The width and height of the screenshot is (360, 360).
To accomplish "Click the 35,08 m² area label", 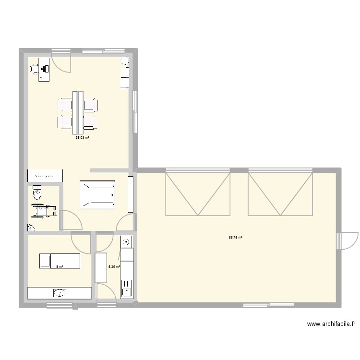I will [x=82, y=137].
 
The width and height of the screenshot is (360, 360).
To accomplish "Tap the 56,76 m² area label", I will [x=235, y=237].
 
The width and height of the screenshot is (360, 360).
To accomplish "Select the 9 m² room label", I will [x=60, y=267].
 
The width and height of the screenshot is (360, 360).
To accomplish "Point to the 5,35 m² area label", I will [x=114, y=267].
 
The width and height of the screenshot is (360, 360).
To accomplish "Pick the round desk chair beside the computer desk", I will [x=34, y=70].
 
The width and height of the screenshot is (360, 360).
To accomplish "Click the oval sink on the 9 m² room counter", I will [x=60, y=292].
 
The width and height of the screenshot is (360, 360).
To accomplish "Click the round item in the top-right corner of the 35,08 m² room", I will [x=125, y=61].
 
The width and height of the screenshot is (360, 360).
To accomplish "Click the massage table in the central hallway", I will [x=97, y=195].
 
